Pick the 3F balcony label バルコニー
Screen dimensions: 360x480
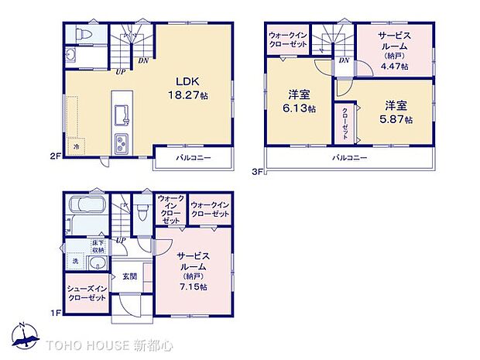point(350,157)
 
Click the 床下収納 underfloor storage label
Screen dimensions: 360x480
point(98,248)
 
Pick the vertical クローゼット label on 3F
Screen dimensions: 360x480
point(345,121)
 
